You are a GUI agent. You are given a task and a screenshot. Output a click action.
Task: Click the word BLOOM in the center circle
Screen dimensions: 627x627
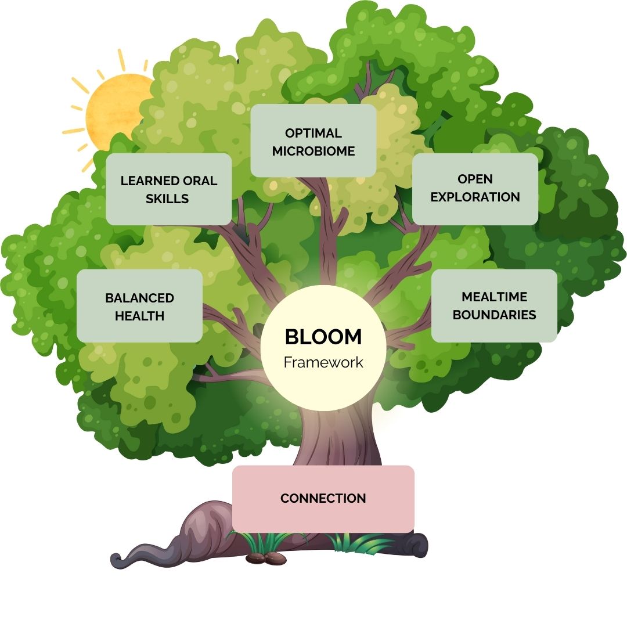[323, 337]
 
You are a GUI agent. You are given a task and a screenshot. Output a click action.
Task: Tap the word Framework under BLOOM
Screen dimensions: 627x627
[323, 362]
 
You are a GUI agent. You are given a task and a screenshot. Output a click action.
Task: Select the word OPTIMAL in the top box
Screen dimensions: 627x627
[313, 133]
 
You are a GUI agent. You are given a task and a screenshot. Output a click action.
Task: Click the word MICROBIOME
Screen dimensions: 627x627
[313, 151]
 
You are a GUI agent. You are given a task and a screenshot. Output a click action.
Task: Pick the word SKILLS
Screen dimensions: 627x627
[167, 199]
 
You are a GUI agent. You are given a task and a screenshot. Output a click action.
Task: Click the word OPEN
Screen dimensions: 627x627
[475, 179]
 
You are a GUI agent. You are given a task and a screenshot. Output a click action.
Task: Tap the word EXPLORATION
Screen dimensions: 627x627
[475, 197]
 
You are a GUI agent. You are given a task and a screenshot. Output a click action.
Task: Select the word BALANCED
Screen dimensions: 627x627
[139, 298]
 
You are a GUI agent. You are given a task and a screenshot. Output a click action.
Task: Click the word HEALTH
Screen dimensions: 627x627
[139, 316]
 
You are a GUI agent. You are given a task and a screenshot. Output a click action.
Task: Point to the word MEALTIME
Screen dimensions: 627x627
[494, 297]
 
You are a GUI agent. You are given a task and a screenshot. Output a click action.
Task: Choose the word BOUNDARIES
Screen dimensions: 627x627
[494, 315]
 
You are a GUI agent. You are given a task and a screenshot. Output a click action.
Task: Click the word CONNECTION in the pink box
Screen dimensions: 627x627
[323, 498]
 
